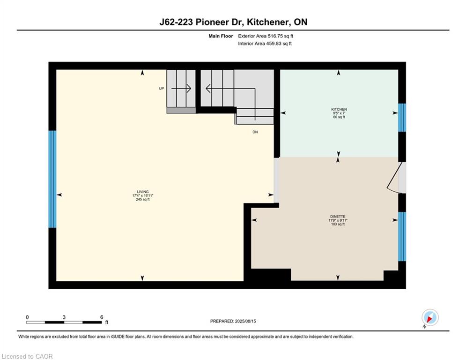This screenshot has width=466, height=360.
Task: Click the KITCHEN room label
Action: click(339, 110)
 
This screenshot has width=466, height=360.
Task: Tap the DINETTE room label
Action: click(338, 217)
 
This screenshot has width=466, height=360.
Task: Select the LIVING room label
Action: click(143, 192)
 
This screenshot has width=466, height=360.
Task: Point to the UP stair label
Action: click(162, 89)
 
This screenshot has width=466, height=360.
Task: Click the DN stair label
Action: click(255, 132)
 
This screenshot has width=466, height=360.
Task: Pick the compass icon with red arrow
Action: click(430, 318)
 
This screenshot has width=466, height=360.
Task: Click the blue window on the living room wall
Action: click(52, 179)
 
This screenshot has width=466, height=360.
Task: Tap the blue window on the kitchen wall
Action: click(402, 118)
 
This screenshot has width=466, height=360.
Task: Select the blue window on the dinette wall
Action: click(402, 236)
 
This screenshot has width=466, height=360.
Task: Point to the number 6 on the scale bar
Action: click(102, 317)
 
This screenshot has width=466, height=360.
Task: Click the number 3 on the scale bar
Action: click(64, 317)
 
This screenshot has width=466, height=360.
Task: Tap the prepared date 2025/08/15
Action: click(245, 321)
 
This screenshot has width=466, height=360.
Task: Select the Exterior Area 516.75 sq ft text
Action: click(266, 36)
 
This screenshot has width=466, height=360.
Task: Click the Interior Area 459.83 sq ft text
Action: click(265, 44)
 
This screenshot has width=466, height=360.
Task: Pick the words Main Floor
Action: click(221, 36)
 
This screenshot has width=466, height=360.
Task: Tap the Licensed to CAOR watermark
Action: click(27, 356)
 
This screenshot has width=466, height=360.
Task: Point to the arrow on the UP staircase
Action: click(181, 89)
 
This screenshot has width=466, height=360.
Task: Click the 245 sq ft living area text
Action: click(143, 200)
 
